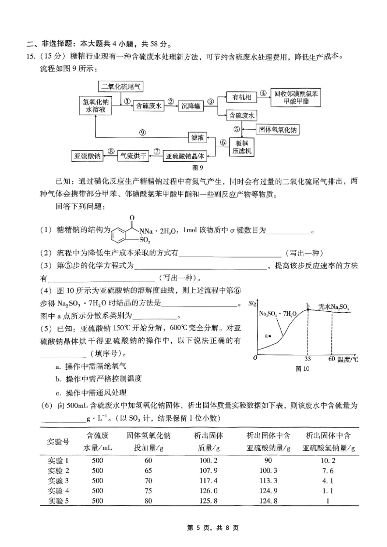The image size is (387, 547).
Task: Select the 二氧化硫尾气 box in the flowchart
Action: [120, 87]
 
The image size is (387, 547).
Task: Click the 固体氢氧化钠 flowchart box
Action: [280, 129]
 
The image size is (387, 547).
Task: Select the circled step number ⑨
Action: [142, 132]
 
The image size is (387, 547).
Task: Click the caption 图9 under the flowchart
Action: [197, 168]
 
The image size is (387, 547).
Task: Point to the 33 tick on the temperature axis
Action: [307, 359]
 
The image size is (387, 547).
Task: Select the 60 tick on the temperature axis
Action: [331, 359]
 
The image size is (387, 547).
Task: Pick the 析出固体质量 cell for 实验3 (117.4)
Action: [203, 481]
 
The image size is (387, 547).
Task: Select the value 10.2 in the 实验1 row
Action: [328, 460]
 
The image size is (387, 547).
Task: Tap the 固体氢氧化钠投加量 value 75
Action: [148, 491]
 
